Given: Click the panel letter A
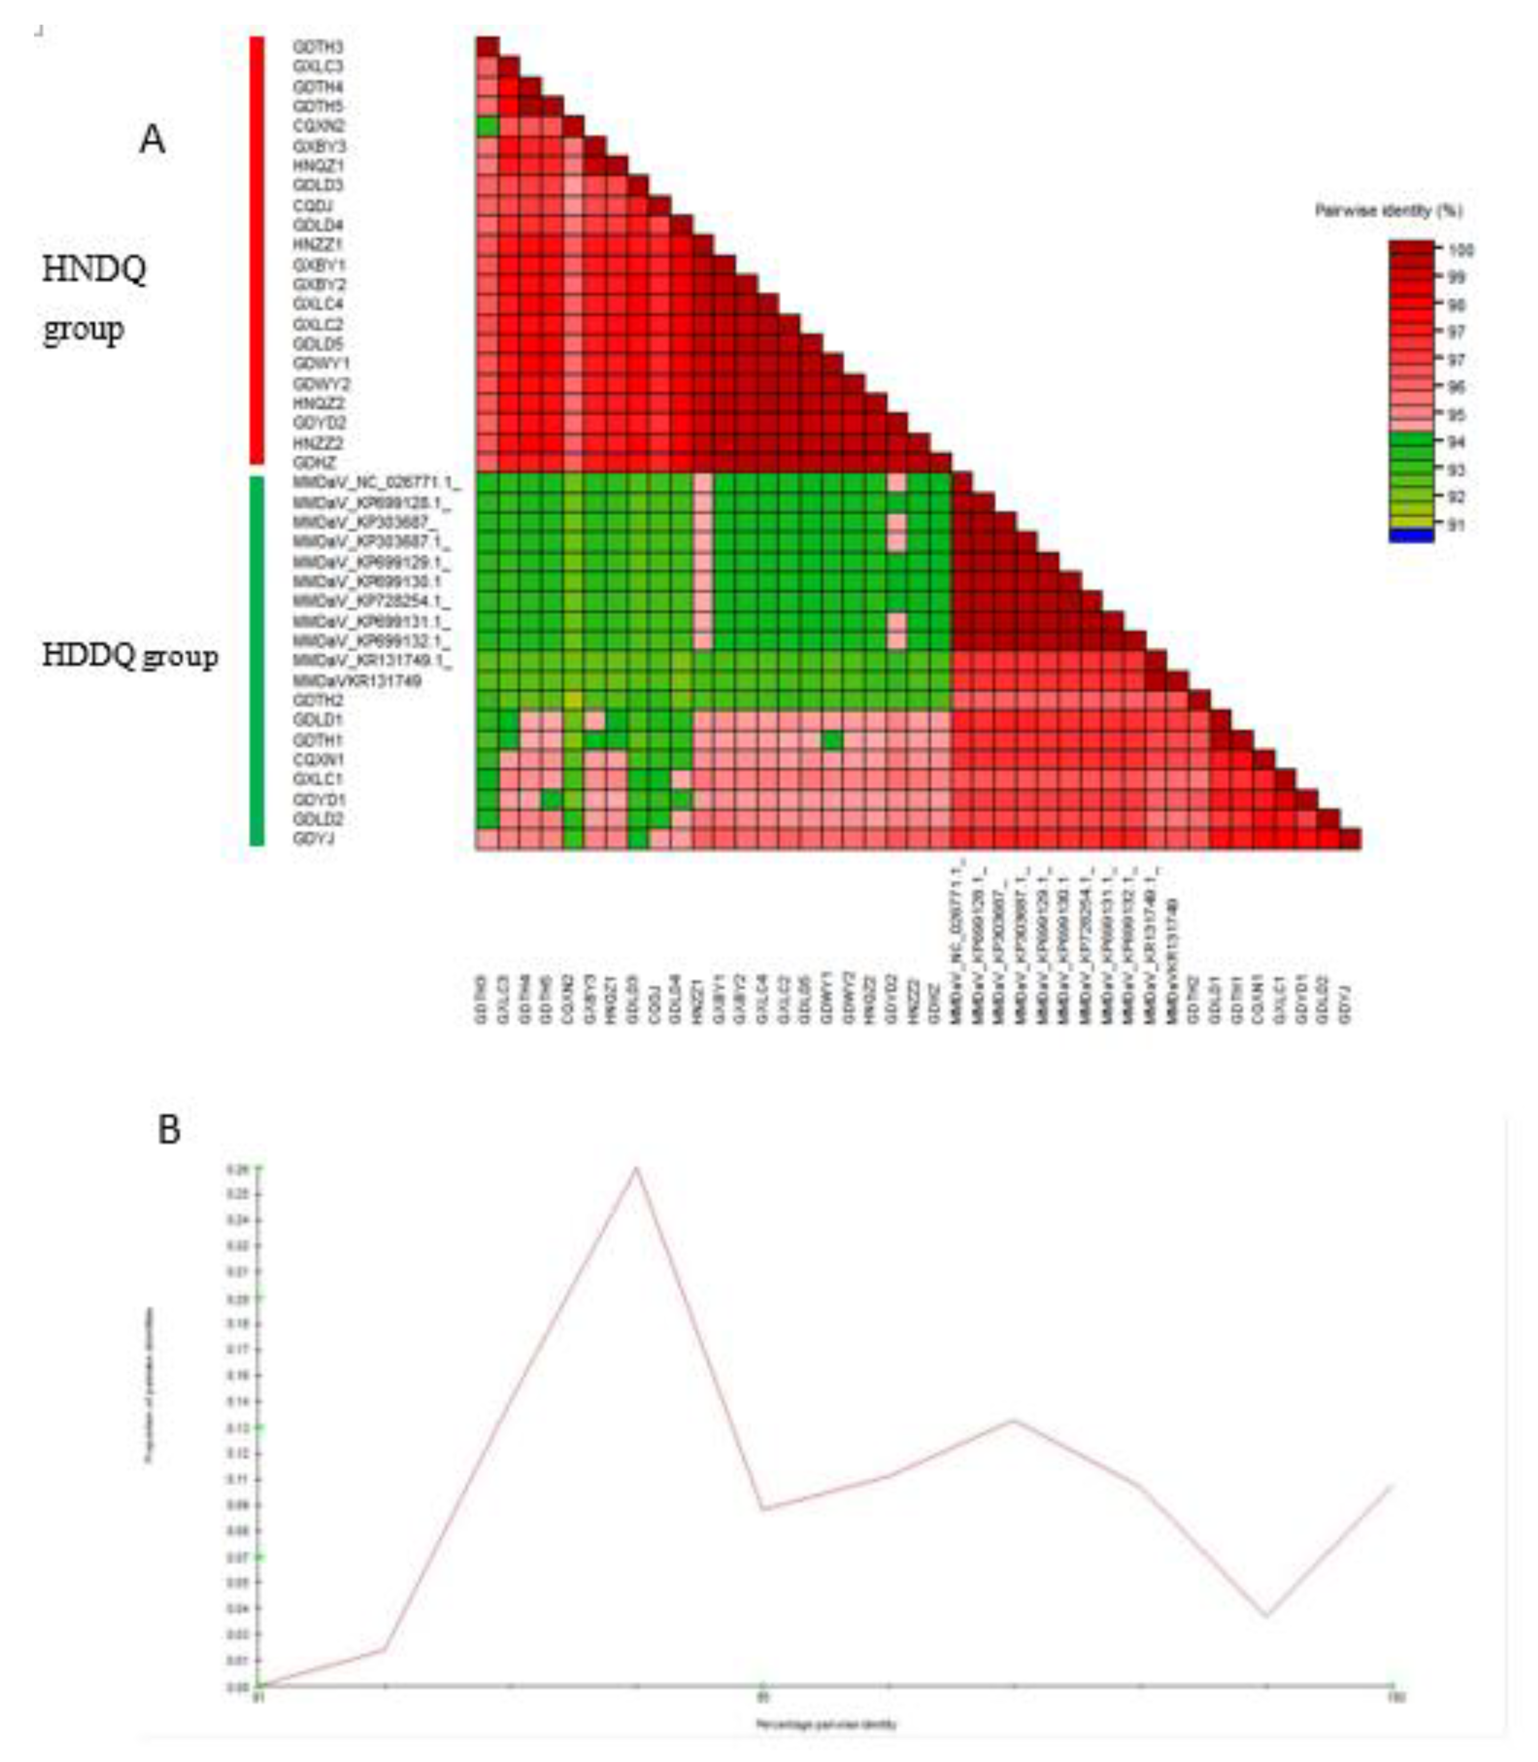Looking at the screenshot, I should (152, 139).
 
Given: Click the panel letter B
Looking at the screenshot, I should (169, 1130).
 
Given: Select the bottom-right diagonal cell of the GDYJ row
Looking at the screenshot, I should (1350, 838).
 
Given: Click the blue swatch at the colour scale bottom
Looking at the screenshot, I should (1411, 536).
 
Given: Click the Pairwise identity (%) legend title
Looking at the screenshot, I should (1389, 210).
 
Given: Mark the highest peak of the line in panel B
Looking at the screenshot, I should (636, 1167).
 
